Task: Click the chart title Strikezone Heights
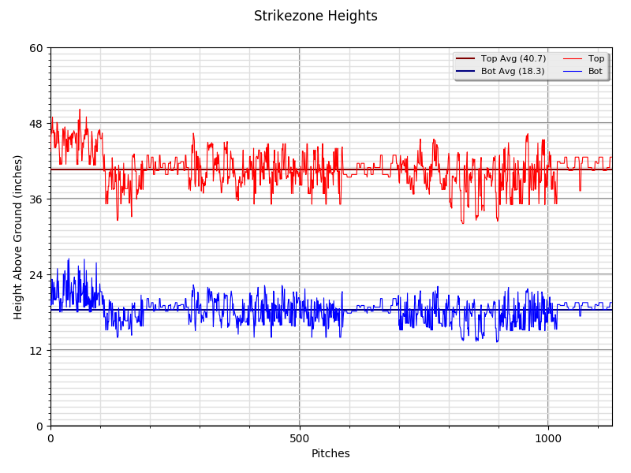pos(315,16)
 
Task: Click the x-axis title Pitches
pos(330,453)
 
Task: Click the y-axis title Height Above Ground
pos(18,236)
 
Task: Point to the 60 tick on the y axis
pos(36,48)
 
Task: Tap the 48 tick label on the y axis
pos(36,124)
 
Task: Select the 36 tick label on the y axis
pos(36,199)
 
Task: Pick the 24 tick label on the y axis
pos(36,275)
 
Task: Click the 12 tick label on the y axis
pos(36,351)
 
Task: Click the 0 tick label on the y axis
pos(39,426)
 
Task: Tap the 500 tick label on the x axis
pos(300,438)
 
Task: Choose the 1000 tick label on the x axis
pos(548,438)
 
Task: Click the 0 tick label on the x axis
pos(50,438)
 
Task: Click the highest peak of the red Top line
pos(80,109)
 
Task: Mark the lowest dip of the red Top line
pos(463,224)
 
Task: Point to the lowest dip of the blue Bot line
pos(497,342)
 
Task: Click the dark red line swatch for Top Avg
pos(465,59)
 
